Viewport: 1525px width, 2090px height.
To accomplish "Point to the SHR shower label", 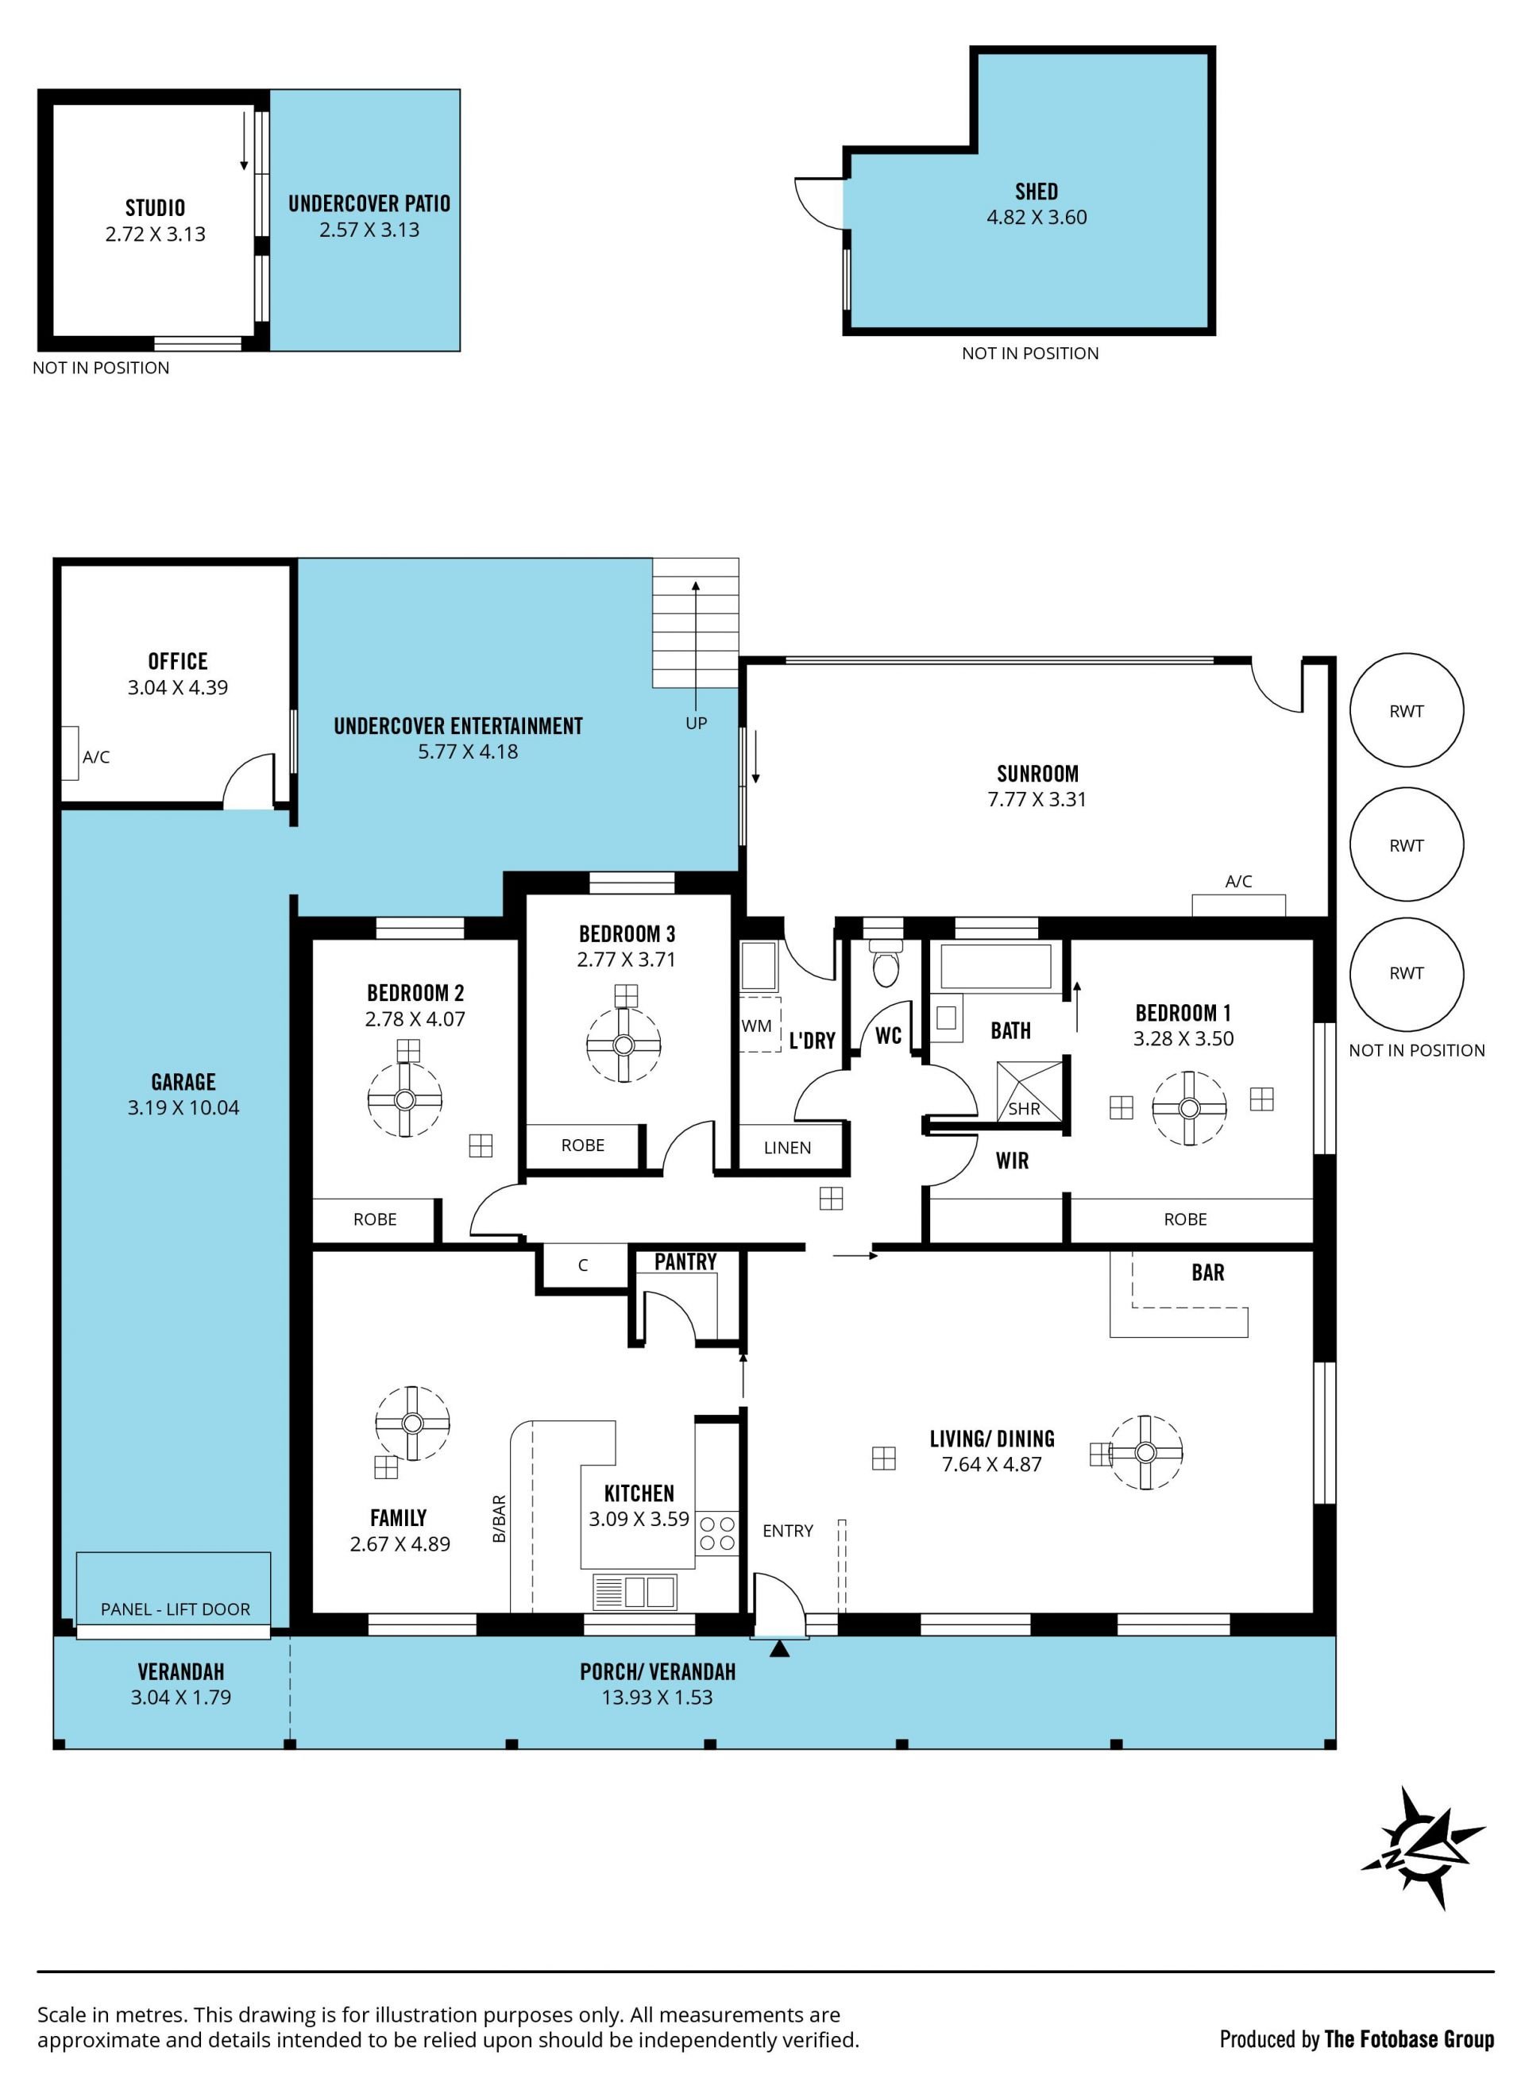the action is (1024, 1109).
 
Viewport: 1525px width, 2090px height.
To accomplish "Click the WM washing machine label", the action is (756, 1026).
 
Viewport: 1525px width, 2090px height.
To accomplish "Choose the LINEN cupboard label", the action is (787, 1147).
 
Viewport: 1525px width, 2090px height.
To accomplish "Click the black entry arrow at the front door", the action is (780, 1648).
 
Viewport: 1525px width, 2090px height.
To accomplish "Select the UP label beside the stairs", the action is (696, 723).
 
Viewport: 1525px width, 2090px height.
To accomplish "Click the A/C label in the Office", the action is (96, 757).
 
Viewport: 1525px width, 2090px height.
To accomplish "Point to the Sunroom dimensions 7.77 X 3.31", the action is (1037, 799).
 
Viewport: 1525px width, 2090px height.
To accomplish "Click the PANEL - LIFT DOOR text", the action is (176, 1609).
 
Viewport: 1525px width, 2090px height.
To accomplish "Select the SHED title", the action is (1037, 191).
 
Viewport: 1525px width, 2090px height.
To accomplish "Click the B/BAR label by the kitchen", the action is (500, 1519).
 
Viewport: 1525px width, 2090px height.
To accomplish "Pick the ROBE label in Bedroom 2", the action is (375, 1219).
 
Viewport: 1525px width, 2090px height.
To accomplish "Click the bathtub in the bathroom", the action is (995, 966).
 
